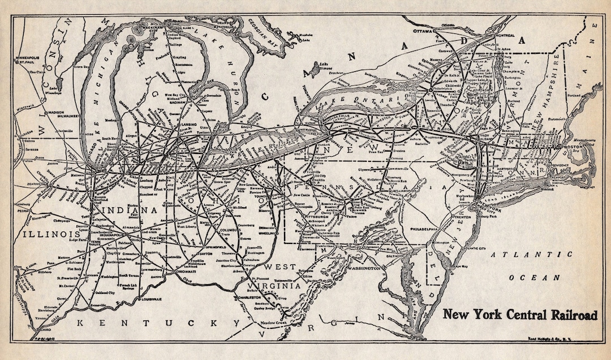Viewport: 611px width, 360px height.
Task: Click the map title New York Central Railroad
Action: [519, 315]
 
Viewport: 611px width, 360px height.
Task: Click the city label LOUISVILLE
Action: [149, 298]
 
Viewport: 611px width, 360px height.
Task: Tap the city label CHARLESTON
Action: [248, 297]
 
